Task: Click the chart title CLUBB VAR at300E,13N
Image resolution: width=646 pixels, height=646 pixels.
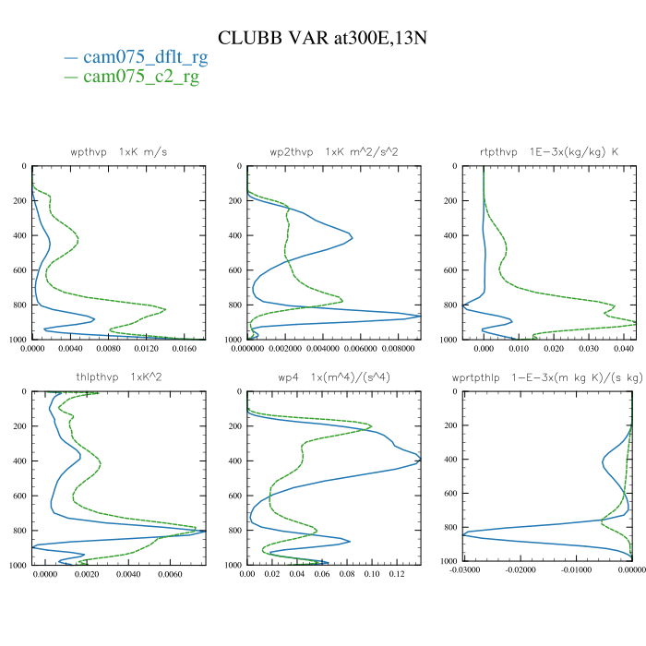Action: [x=322, y=38]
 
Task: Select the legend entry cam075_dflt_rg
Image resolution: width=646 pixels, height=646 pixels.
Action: [x=145, y=58]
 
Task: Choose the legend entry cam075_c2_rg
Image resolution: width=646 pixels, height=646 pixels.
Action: [x=141, y=77]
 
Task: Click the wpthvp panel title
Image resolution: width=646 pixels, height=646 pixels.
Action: [x=118, y=151]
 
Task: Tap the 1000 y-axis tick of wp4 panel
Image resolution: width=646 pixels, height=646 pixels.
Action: [x=231, y=565]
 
